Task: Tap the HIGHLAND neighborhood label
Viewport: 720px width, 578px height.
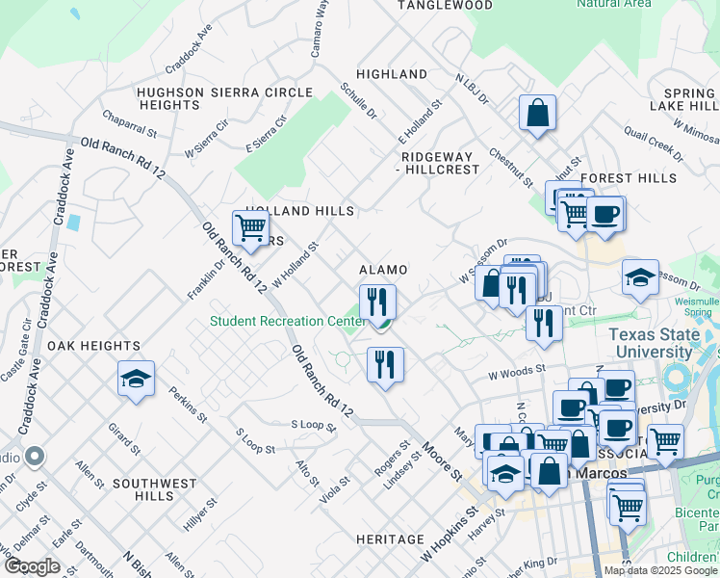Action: pyautogui.click(x=392, y=74)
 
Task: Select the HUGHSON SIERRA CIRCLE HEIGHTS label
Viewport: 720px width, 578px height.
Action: pyautogui.click(x=225, y=98)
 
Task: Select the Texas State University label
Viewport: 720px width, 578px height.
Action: pyautogui.click(x=664, y=344)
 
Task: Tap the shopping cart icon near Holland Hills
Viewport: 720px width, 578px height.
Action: pyautogui.click(x=250, y=228)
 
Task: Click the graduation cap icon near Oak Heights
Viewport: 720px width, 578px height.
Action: pyautogui.click(x=136, y=379)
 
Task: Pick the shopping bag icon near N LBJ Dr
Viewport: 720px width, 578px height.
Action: pyautogui.click(x=537, y=112)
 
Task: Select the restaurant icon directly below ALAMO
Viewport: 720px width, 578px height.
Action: pyautogui.click(x=377, y=302)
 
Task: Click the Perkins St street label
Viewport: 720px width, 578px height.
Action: pyautogui.click(x=188, y=406)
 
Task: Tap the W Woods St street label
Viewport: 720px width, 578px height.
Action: pyautogui.click(x=517, y=370)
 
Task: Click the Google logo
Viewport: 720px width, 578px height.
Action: pyautogui.click(x=34, y=565)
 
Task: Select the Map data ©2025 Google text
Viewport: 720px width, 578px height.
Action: pyautogui.click(x=659, y=570)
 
